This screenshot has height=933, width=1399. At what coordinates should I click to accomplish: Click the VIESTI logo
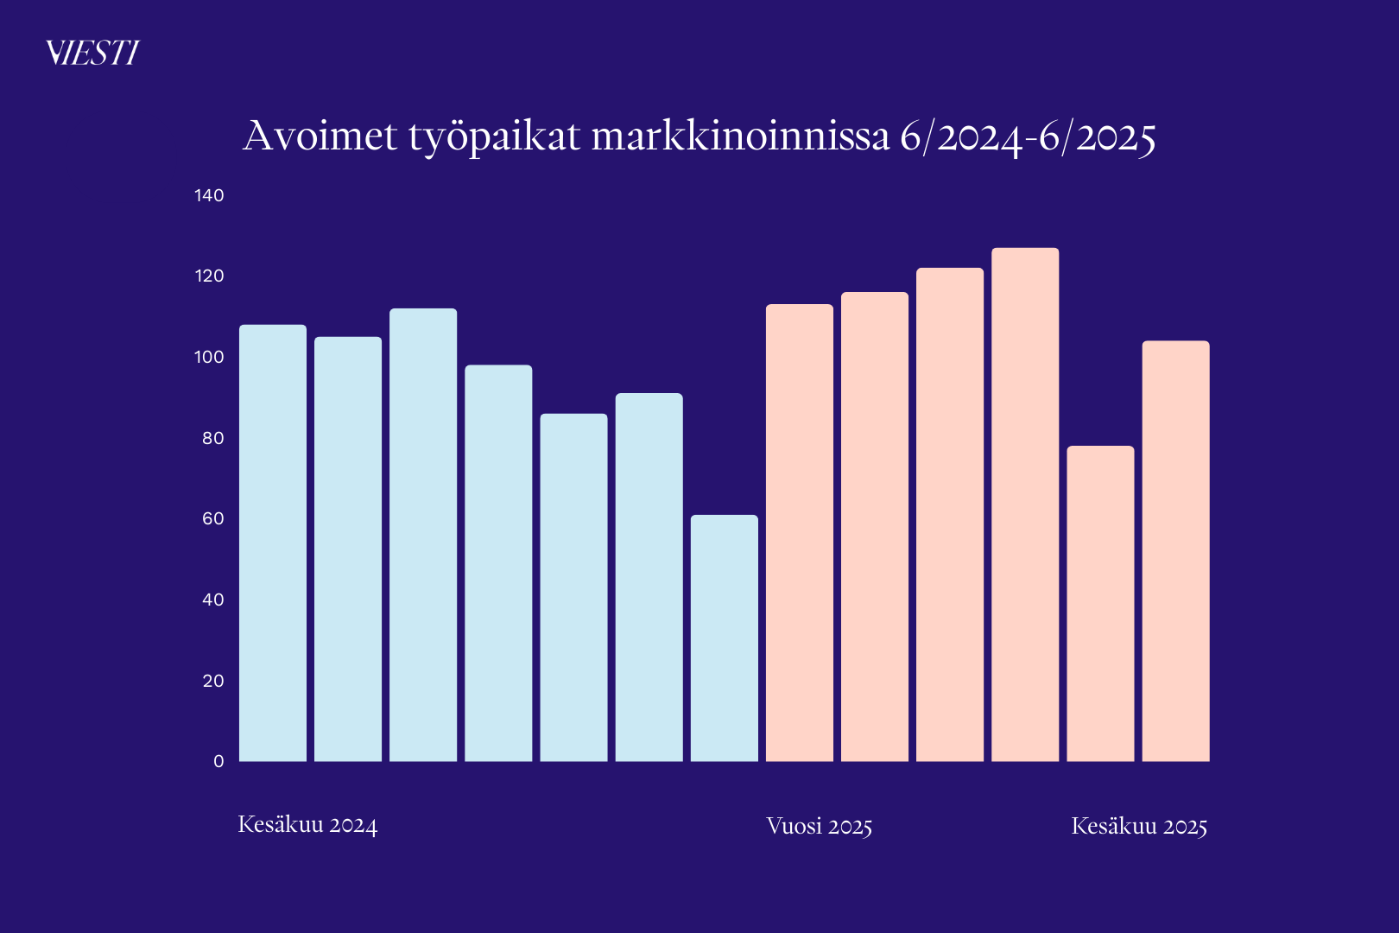coord(92,54)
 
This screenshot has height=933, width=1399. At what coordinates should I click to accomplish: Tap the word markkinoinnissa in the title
coord(740,136)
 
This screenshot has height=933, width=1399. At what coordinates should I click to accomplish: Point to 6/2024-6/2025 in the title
coord(1028,137)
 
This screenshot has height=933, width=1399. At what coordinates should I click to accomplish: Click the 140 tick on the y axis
coord(209,195)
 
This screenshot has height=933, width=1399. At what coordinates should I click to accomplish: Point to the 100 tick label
coord(209,357)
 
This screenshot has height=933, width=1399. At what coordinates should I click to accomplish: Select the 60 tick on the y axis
coord(212,518)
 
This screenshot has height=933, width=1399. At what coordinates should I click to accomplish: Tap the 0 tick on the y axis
coord(218,761)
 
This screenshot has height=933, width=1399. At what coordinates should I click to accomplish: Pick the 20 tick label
coord(212,681)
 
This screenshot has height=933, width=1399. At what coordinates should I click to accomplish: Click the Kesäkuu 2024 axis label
coord(307,825)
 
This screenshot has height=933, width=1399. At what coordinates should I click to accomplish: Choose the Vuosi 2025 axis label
coord(819,827)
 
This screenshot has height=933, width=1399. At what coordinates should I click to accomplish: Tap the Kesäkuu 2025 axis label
coord(1139,827)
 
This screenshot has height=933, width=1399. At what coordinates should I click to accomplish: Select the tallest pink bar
coord(1025,505)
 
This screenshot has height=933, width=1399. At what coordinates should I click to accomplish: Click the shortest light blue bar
coord(725,638)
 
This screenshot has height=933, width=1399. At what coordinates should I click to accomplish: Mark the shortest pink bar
coord(1100,604)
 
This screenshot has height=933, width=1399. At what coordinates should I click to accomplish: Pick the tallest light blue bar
coord(423,535)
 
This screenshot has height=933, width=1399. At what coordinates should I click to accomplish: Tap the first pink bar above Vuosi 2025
coord(800,532)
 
